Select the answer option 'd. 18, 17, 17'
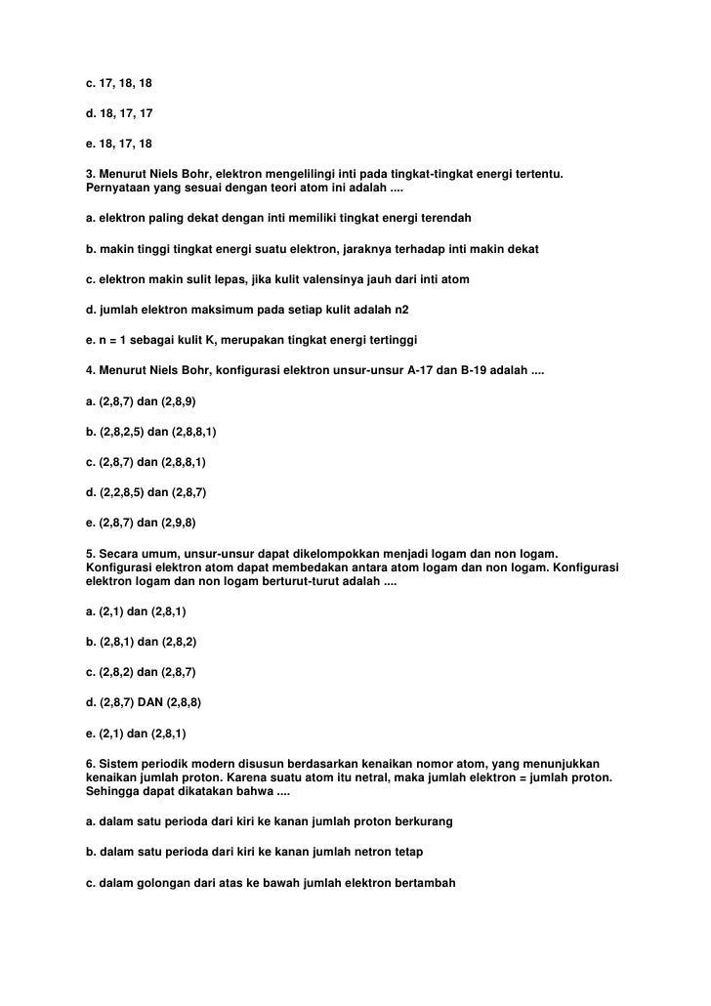point(119,113)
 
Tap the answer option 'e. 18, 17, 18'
point(119,144)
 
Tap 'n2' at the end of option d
point(402,309)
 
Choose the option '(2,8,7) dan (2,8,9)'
point(142,400)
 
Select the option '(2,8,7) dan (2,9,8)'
point(142,522)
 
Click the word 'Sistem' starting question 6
point(116,762)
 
